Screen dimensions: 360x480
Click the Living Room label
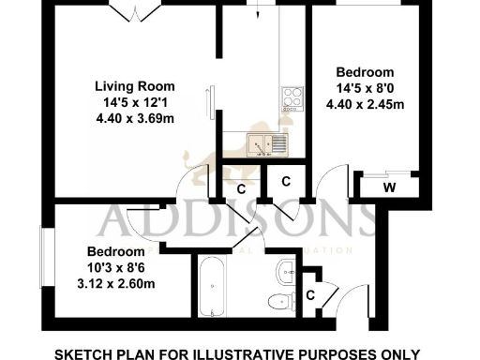pyautogui.click(x=139, y=85)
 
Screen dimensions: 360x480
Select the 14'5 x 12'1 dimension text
pyautogui.click(x=139, y=101)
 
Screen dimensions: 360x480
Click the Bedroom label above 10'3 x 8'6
pyautogui.click(x=115, y=252)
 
